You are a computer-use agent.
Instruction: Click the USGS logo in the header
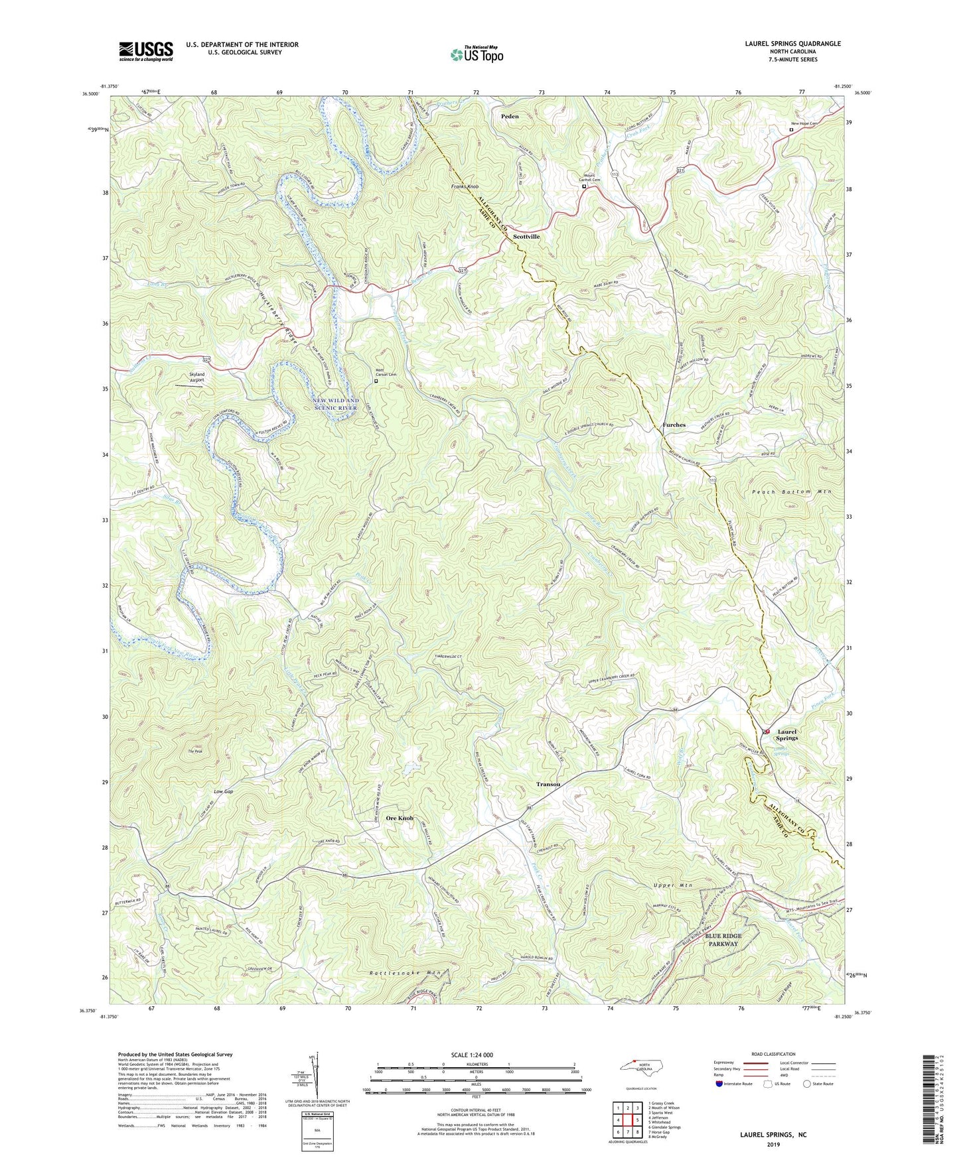[x=146, y=51]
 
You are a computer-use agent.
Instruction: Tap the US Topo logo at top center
[x=477, y=54]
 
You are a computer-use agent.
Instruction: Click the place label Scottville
[x=526, y=237]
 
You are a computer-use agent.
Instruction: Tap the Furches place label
[x=674, y=425]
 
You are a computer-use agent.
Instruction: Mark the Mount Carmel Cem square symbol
[x=584, y=186]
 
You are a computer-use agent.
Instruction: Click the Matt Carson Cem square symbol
[x=376, y=381]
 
